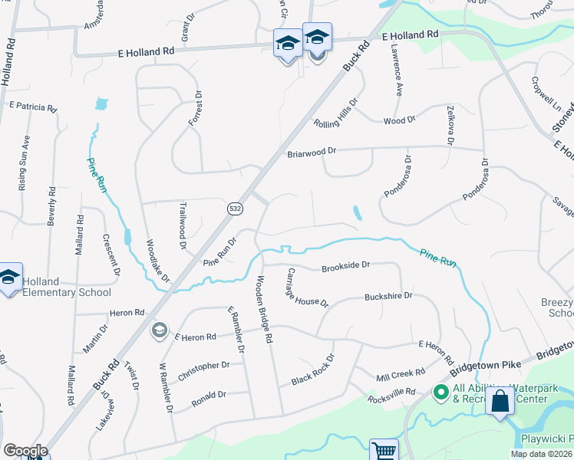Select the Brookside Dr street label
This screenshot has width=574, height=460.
[346, 265]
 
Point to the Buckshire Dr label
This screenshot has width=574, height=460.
[388, 296]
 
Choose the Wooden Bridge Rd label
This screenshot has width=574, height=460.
[265, 309]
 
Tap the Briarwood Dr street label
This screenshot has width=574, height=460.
[312, 153]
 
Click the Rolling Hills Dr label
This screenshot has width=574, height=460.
[336, 113]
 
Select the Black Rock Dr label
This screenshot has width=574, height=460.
[313, 370]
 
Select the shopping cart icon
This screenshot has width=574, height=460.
[383, 451]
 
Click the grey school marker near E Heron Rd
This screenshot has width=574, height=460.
[160, 330]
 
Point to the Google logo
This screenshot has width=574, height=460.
[25, 451]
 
